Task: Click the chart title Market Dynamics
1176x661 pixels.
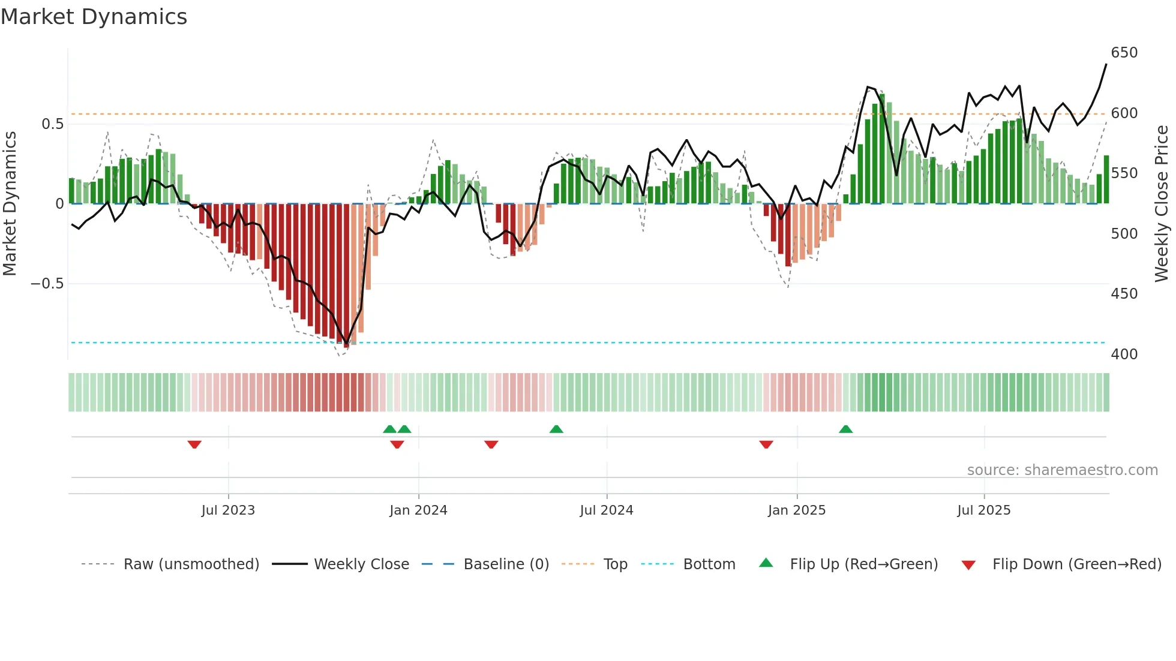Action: tap(94, 17)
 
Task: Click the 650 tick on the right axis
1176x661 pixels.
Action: tap(1124, 53)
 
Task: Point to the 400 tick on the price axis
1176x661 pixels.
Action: tap(1124, 354)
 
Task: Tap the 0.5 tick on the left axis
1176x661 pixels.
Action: tap(52, 124)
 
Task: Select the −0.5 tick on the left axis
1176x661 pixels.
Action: tap(47, 283)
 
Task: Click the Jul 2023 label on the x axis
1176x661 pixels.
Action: tap(228, 510)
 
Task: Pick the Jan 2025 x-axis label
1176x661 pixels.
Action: tap(796, 510)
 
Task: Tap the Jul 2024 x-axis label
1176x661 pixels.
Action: tap(606, 510)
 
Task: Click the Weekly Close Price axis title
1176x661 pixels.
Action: tap(1162, 204)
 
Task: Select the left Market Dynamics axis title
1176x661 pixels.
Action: tap(10, 204)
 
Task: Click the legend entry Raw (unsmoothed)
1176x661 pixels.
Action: tap(191, 564)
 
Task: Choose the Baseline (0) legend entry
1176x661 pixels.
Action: tap(506, 564)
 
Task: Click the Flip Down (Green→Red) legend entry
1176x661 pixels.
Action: tap(1076, 564)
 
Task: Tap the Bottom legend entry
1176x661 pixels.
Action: tap(709, 564)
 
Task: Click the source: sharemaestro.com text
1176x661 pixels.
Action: tap(1062, 470)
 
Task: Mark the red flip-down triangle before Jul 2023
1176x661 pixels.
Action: tap(194, 444)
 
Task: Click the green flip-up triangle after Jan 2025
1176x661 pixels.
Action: tap(845, 429)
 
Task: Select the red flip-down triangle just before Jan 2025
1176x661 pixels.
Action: tap(766, 444)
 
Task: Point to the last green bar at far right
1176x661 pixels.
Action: tap(1106, 180)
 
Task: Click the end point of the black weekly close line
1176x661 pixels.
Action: tap(1106, 65)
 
